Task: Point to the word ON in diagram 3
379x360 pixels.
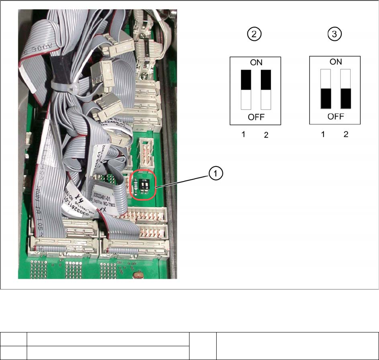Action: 336,62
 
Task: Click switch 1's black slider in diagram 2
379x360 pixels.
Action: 246,79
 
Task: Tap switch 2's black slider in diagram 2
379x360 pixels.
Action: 266,79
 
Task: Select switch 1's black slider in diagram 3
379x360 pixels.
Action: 325,98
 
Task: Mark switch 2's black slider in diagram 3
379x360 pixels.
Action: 346,98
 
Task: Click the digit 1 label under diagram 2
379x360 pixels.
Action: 242,135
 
